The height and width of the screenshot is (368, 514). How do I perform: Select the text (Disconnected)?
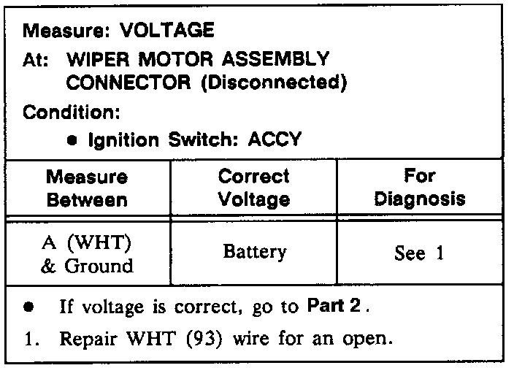[272, 83]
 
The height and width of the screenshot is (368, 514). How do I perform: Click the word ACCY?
[274, 139]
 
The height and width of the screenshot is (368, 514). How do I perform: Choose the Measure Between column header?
[87, 188]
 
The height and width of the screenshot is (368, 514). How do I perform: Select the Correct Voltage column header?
[253, 188]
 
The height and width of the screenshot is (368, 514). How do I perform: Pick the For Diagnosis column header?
[420, 188]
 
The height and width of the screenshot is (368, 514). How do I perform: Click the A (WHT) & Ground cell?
[87, 253]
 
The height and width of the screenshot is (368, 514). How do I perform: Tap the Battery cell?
[255, 253]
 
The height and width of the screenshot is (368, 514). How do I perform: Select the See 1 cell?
[419, 253]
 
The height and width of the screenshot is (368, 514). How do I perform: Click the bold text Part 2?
[335, 307]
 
